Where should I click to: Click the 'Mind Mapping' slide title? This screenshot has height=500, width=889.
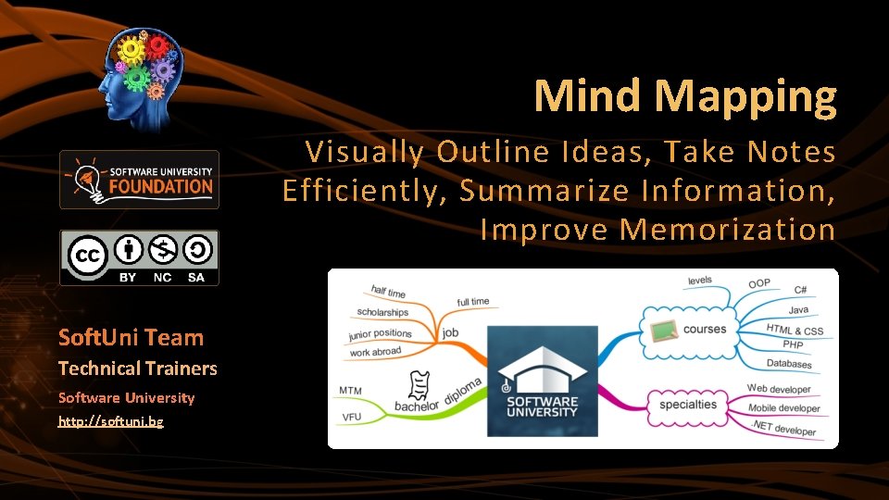684,95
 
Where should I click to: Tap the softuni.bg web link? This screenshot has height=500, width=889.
111,421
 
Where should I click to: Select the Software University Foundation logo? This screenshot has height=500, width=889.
139,180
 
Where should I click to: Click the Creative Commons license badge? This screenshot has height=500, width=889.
139,257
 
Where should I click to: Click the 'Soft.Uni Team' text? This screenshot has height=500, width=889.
131,337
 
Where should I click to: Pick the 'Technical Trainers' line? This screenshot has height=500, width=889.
137,369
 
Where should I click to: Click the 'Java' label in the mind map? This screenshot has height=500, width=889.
798,310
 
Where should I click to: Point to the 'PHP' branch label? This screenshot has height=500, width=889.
793,344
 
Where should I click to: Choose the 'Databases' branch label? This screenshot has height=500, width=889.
789,364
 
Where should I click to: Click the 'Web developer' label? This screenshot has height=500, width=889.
779,389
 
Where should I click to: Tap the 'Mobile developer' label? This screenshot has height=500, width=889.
783,408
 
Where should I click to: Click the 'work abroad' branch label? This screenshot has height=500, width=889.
375,352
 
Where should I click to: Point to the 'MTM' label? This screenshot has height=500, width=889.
350,391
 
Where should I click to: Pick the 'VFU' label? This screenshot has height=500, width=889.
351,418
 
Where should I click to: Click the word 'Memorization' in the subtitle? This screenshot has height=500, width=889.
727,229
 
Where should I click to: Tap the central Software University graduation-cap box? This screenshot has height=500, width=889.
542,381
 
